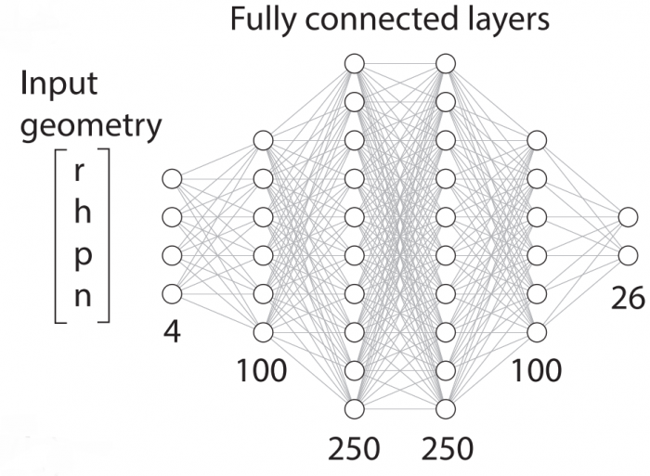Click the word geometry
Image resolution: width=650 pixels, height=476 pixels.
click(x=91, y=128)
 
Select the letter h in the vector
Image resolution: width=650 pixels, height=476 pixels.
click(x=81, y=213)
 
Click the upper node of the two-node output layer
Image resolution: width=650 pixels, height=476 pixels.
click(x=629, y=217)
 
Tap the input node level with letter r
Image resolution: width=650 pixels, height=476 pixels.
click(x=171, y=178)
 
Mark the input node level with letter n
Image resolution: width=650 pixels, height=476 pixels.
click(x=171, y=293)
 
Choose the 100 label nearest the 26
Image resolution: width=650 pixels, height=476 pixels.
click(x=536, y=371)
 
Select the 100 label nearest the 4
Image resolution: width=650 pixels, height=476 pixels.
click(x=261, y=371)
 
